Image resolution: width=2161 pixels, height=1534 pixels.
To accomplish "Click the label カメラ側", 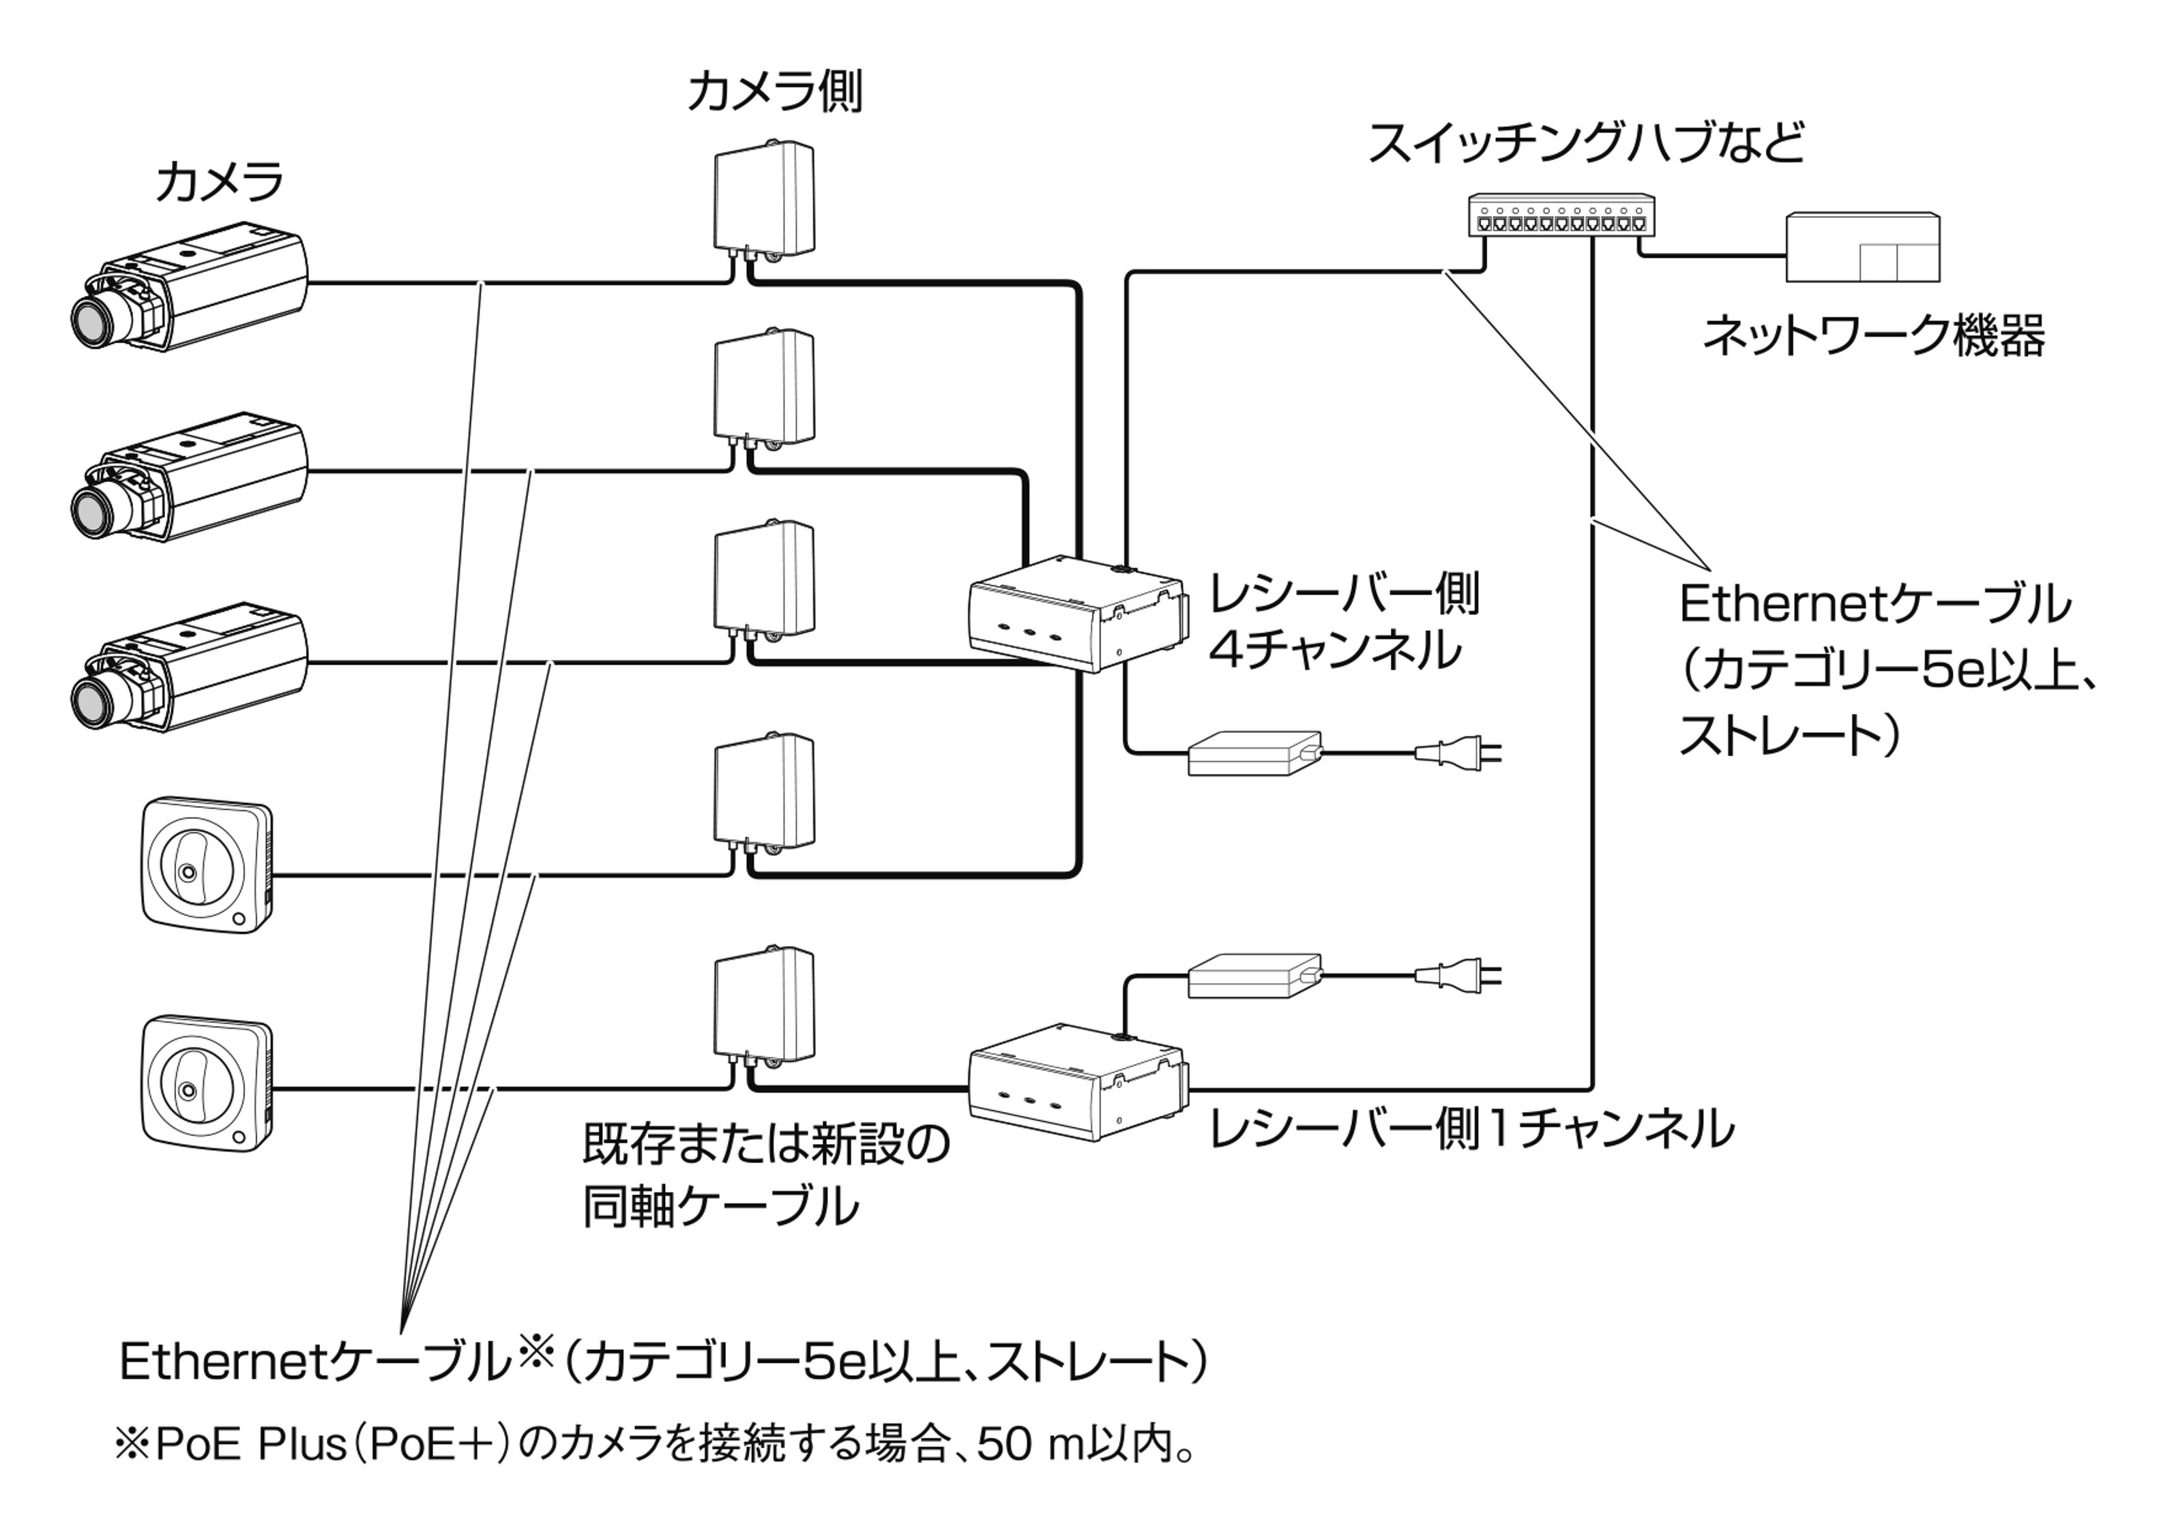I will pyautogui.click(x=774, y=91).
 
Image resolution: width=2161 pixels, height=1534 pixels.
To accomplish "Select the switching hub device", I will pyautogui.click(x=1561, y=216).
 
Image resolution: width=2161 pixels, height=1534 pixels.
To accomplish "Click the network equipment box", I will pyautogui.click(x=1862, y=247).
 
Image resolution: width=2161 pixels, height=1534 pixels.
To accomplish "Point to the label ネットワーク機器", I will pyautogui.click(x=1873, y=335).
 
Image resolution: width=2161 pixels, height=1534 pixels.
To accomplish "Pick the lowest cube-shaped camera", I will pyautogui.click(x=207, y=1083).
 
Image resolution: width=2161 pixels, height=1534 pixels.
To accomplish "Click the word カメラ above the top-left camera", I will pyautogui.click(x=219, y=181).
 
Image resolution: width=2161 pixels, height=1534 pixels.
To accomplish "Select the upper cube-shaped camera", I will pyautogui.click(x=207, y=868).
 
